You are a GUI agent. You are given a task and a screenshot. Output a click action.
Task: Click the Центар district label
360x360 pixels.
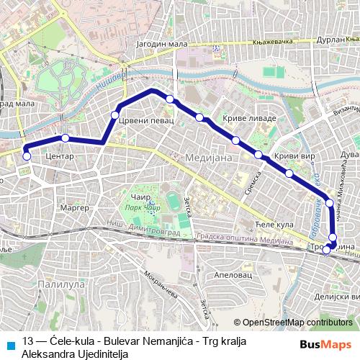point(60,155)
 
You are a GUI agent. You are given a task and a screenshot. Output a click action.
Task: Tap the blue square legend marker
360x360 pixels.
point(9,343)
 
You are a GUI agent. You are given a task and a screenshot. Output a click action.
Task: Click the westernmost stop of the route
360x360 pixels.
point(27,156)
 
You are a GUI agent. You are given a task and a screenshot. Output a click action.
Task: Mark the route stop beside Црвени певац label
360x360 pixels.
point(114,115)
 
